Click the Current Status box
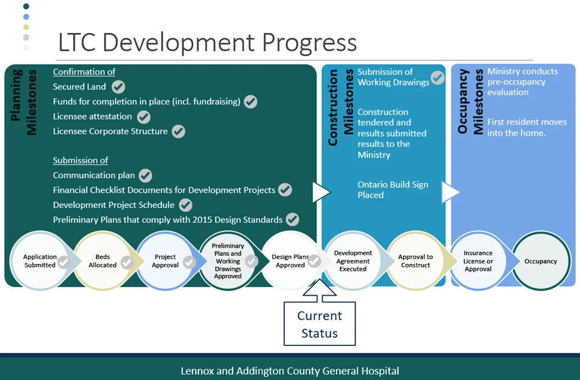[x=320, y=324]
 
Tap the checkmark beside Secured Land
[x=119, y=87]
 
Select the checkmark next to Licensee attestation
[x=144, y=117]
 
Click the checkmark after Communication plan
[x=145, y=176]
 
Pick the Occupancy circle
[x=541, y=261]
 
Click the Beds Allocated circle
[x=102, y=261]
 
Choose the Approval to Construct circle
[x=415, y=261]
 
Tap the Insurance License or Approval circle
[x=478, y=261]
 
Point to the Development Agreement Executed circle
[x=353, y=261]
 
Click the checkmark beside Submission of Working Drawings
[x=438, y=78]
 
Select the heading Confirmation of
[x=84, y=72]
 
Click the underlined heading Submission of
[x=80, y=161]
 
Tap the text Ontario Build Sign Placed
[x=393, y=189]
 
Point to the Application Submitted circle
[x=40, y=261]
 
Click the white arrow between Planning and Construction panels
[x=321, y=192]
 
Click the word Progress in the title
[x=309, y=43]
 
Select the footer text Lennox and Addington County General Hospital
[x=290, y=371]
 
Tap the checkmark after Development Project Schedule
[x=186, y=205]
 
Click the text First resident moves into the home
[x=527, y=127]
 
